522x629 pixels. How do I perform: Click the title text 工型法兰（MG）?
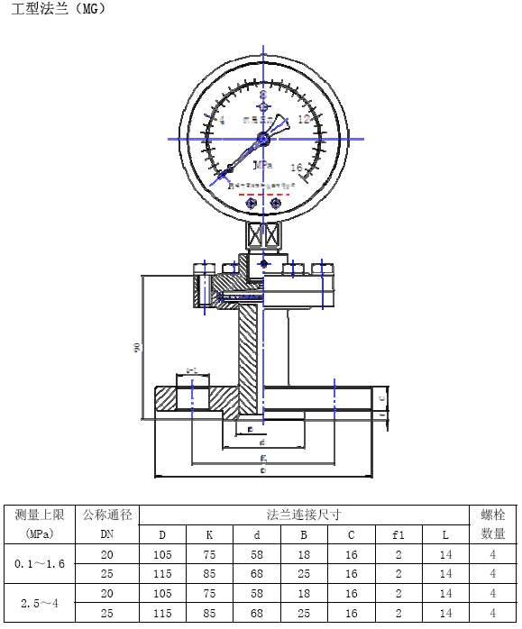(x=55, y=10)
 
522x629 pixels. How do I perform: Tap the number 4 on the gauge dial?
(x=222, y=119)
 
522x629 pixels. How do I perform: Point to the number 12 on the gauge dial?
(x=304, y=119)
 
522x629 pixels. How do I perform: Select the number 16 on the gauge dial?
(x=297, y=168)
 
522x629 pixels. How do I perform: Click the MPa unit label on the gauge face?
(x=263, y=165)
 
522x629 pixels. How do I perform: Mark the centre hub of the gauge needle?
(x=263, y=138)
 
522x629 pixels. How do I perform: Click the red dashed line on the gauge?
(x=263, y=193)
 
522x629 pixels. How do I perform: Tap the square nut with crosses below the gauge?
(x=263, y=236)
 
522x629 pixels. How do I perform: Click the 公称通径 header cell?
(x=107, y=515)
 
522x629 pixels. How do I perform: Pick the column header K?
(x=209, y=534)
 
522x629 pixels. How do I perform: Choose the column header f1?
(x=398, y=534)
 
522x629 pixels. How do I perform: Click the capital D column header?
(x=162, y=534)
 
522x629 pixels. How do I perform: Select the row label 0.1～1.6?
(x=37, y=563)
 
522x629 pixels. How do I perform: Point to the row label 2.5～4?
(x=37, y=603)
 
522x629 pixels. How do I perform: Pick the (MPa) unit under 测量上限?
(x=37, y=534)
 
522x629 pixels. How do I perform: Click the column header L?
(x=445, y=534)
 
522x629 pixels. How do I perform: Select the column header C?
(x=352, y=534)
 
